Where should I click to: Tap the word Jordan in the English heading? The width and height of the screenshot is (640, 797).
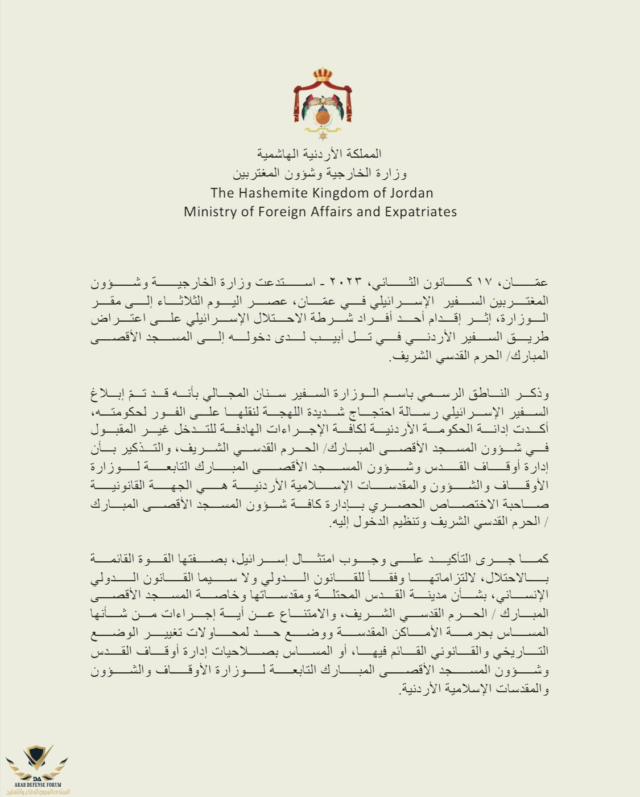tap(410, 193)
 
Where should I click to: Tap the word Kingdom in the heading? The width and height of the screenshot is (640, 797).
tap(342, 193)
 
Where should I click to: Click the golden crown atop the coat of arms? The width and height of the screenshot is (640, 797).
tap(323, 75)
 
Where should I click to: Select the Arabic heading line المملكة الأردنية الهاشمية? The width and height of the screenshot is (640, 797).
tap(319, 154)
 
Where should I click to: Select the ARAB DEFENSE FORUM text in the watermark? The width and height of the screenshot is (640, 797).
tap(37, 784)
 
